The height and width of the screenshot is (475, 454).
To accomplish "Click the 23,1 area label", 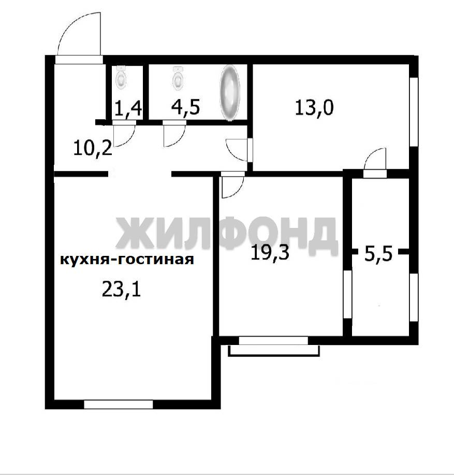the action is (121, 290).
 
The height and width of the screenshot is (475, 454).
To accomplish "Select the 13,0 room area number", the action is (314, 107).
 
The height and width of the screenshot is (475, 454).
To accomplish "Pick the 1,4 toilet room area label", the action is (128, 108).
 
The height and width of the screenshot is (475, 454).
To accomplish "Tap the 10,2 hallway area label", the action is (93, 149).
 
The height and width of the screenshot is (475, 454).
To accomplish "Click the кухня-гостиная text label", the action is (127, 260).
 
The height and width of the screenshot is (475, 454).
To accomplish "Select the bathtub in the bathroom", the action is (230, 93).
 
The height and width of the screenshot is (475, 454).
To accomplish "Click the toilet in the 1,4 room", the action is (121, 78).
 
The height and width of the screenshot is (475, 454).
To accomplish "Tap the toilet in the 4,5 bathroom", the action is (178, 78).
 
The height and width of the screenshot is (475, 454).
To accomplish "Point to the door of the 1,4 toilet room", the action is (124, 133).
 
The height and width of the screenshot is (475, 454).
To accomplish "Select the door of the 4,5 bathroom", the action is (174, 133).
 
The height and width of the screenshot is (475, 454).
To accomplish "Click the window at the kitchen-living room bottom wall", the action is (119, 404).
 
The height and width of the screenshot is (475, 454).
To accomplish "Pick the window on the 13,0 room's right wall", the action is (414, 112).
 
